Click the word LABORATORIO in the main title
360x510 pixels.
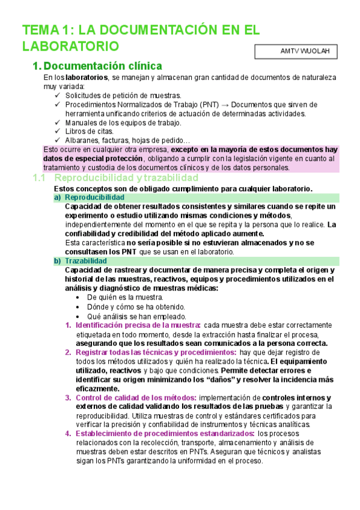click(x=70, y=46)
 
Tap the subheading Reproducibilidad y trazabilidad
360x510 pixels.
click(x=126, y=178)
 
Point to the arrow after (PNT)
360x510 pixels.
click(x=222, y=105)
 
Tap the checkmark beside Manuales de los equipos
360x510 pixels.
click(x=57, y=123)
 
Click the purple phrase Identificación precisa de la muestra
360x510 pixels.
click(x=138, y=325)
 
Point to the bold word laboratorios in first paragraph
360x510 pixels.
click(x=87, y=78)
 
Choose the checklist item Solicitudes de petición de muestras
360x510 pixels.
click(x=123, y=95)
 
